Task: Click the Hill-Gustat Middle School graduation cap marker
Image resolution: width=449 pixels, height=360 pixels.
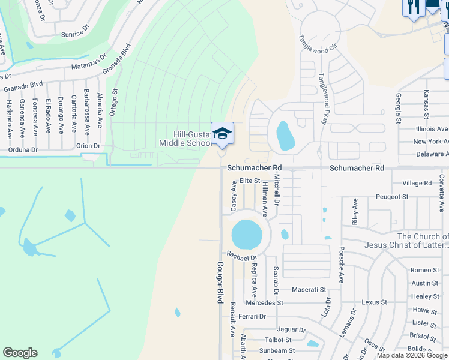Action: [x=222, y=134]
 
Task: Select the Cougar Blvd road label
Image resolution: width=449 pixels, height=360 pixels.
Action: [x=220, y=282]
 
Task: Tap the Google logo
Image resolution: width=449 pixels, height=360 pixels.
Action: [x=20, y=353]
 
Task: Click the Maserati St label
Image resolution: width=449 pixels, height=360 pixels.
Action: [x=309, y=290]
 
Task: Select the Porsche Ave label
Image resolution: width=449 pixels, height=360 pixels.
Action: [x=341, y=264]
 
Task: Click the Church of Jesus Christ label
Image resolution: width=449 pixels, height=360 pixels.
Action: [x=406, y=241]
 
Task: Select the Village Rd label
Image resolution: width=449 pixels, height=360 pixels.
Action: [x=417, y=183]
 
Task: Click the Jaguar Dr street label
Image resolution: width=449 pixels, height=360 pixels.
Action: [x=291, y=329]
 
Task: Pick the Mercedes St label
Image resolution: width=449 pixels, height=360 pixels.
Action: [x=264, y=303]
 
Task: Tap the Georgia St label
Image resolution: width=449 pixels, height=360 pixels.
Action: [x=399, y=108]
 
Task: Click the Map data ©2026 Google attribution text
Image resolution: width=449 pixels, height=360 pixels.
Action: [x=412, y=355]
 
